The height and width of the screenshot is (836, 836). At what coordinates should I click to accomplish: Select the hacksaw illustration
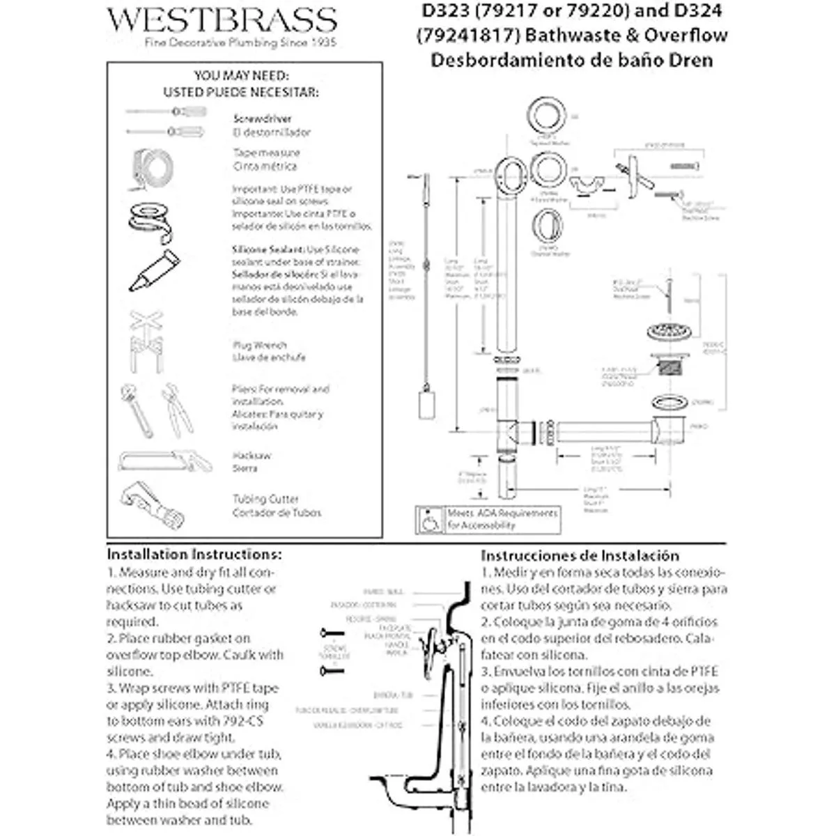click(x=164, y=460)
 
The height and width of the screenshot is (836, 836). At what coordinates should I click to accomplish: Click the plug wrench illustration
click(x=146, y=341)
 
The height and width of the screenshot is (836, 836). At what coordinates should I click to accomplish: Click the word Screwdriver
click(x=263, y=119)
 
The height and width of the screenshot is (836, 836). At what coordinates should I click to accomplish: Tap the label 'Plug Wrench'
click(x=259, y=345)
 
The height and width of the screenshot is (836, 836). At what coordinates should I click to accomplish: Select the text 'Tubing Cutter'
click(x=265, y=499)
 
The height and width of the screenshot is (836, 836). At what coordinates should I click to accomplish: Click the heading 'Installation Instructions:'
click(x=194, y=555)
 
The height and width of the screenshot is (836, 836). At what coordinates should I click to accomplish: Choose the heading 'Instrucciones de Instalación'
click(x=580, y=555)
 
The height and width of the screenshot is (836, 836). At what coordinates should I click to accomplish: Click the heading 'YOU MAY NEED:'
click(x=241, y=75)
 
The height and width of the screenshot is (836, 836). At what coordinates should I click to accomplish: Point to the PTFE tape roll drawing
click(x=149, y=222)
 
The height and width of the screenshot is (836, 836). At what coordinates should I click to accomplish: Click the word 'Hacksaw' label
click(x=251, y=456)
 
